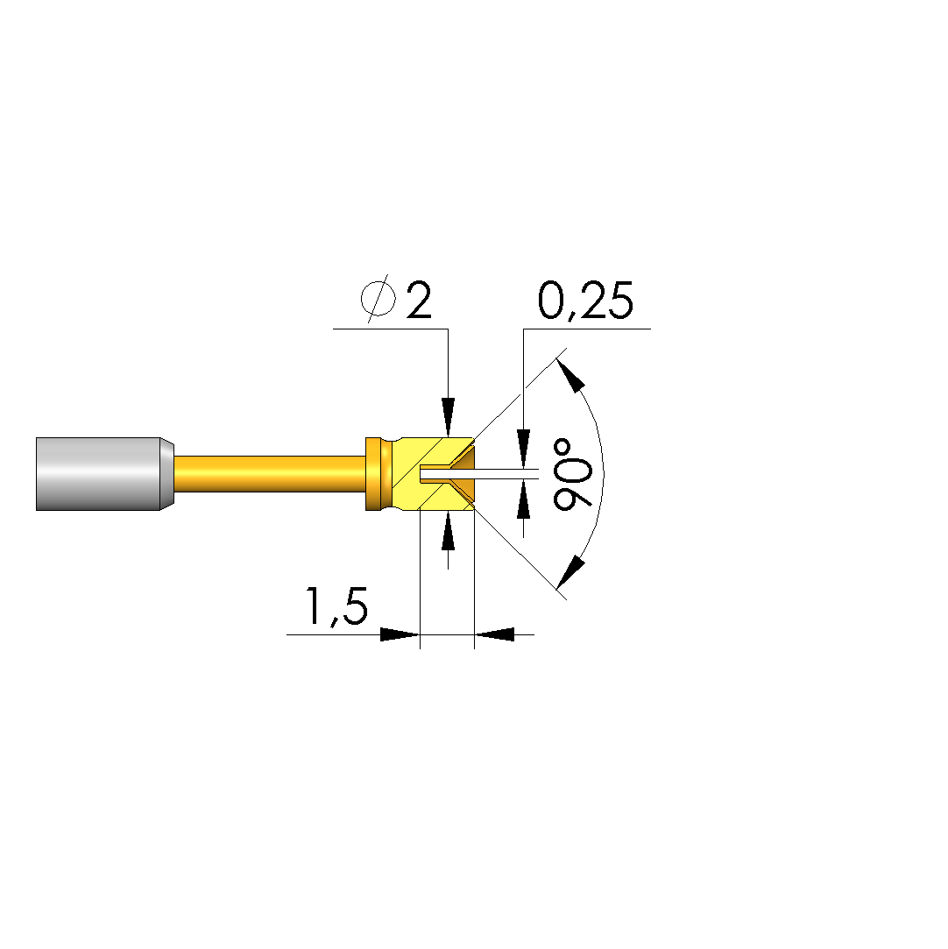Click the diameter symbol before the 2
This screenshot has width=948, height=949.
point(378,298)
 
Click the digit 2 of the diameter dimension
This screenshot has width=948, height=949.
point(419,300)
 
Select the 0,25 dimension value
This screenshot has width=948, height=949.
point(585,300)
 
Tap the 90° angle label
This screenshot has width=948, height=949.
point(572,475)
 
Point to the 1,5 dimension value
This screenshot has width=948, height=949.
point(337,606)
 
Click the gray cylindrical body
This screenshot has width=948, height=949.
point(98,474)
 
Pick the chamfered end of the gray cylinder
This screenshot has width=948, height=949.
point(167,474)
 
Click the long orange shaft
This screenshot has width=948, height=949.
point(270,474)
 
